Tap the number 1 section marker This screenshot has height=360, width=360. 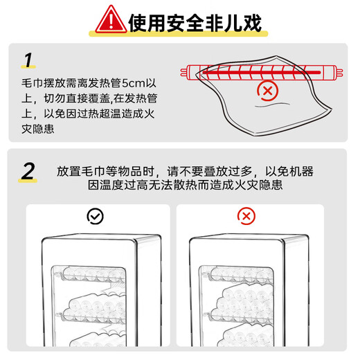tap(28, 60)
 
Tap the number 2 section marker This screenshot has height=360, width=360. tap(28, 171)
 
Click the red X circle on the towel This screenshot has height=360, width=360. tap(265, 89)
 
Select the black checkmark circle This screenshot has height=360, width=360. tap(94, 217)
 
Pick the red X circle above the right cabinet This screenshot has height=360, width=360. tap(245, 217)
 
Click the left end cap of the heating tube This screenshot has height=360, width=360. tap(188, 70)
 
